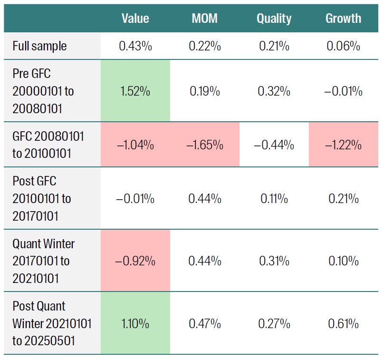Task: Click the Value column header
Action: click(x=135, y=19)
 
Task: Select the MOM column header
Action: click(x=204, y=19)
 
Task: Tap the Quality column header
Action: click(x=274, y=19)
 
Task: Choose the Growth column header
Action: click(x=343, y=19)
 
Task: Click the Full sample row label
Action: click(x=39, y=46)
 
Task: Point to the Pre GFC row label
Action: click(x=43, y=90)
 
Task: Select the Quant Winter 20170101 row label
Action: click(x=43, y=261)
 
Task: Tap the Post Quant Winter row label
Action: click(x=52, y=323)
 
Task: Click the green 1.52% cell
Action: click(x=135, y=91)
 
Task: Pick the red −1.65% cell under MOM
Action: click(x=204, y=145)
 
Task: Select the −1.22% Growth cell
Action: click(x=343, y=145)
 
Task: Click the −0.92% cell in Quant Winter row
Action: click(x=135, y=261)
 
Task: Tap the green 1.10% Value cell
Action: click(x=135, y=324)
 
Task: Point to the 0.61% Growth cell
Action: click(x=343, y=324)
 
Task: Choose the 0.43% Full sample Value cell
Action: click(x=135, y=46)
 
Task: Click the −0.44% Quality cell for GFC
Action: click(x=274, y=145)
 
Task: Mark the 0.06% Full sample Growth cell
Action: click(x=343, y=46)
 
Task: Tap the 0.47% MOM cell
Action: click(x=204, y=324)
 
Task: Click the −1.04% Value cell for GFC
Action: click(x=135, y=145)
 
